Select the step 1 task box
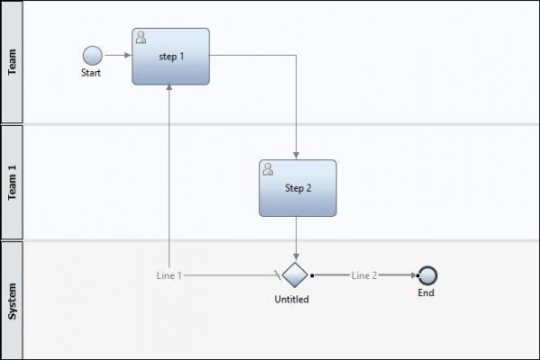pyautogui.click(x=170, y=56)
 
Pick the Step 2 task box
pyautogui.click(x=297, y=187)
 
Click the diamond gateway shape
pyautogui.click(x=295, y=274)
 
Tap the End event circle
pyautogui.click(x=427, y=275)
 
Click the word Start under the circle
pyautogui.click(x=91, y=74)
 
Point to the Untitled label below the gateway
pyautogui.click(x=292, y=300)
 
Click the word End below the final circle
pyautogui.click(x=427, y=293)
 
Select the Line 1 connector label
pyautogui.click(x=170, y=275)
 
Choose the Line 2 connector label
pyautogui.click(x=364, y=275)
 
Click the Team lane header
pyautogui.click(x=13, y=61)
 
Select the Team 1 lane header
pyautogui.click(x=13, y=182)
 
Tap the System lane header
pyautogui.click(x=13, y=299)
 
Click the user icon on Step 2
pyautogui.click(x=268, y=168)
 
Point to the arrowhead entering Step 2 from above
pyautogui.click(x=296, y=155)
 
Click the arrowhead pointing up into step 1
pyautogui.click(x=170, y=90)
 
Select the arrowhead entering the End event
pyautogui.click(x=413, y=275)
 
